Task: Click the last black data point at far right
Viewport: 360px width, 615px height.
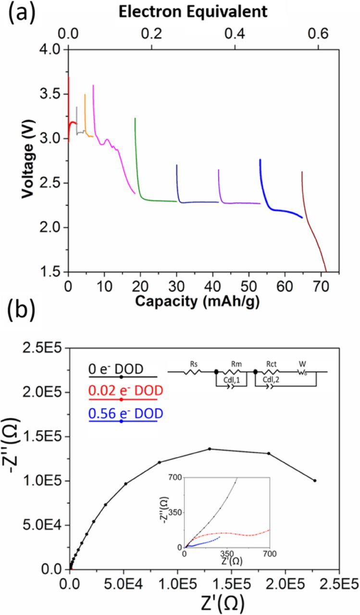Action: [x=315, y=480]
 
